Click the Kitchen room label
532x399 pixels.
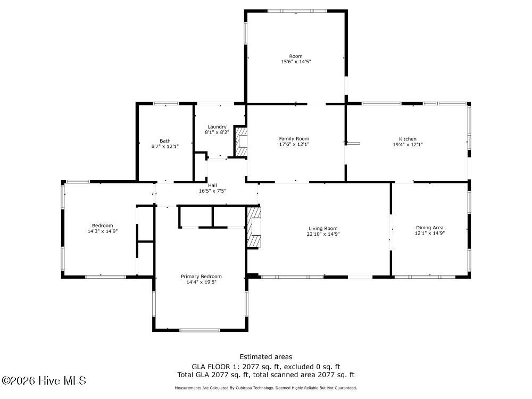click(408, 139)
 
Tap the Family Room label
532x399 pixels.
click(294, 138)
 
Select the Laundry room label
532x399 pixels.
click(217, 127)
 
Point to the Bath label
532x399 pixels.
click(165, 141)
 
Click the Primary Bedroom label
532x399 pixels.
click(201, 277)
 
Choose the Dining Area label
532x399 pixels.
click(429, 228)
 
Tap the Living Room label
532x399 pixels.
click(323, 228)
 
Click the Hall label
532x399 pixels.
click(212, 185)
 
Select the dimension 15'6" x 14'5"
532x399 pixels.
click(296, 62)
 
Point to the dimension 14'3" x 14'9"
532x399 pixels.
click(103, 231)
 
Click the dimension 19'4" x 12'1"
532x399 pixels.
click(408, 145)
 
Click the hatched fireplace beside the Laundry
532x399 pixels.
click(241, 142)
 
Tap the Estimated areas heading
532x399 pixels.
click(265, 356)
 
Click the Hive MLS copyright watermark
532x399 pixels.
click(44, 381)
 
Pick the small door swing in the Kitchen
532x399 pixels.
click(353, 143)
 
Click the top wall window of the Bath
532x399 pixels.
click(166, 104)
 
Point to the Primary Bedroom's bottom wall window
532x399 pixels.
click(200, 330)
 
